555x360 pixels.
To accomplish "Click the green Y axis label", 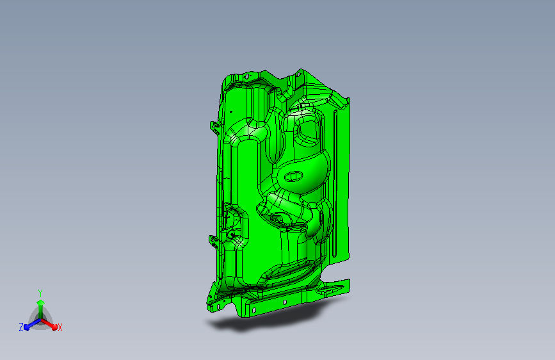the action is pyautogui.click(x=40, y=293).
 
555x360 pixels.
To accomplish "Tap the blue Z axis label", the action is pyautogui.click(x=21, y=327).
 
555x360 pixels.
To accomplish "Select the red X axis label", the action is pyautogui.click(x=60, y=327).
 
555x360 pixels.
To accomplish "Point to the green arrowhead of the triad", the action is pyautogui.click(x=41, y=302).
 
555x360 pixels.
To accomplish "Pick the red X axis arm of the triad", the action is pyautogui.click(x=49, y=323).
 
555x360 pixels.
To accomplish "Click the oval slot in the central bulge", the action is pyautogui.click(x=293, y=176).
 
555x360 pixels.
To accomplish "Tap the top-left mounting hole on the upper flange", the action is pyautogui.click(x=247, y=76).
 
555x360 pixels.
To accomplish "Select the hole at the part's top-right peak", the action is pyautogui.click(x=298, y=74).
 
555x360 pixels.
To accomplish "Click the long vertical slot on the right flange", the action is pyautogui.click(x=335, y=183).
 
